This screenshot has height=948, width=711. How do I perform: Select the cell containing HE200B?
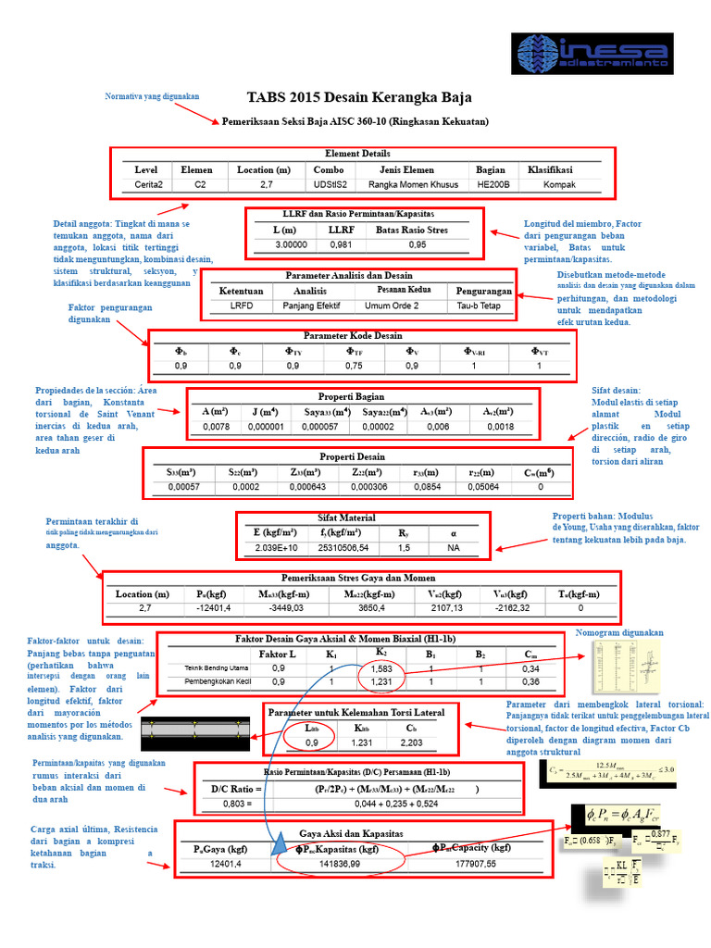491,184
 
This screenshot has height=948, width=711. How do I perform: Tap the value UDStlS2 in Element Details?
329,184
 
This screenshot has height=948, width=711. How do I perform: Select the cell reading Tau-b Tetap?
479,306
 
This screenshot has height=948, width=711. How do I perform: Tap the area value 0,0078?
216,427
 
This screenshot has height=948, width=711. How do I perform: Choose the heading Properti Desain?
352,457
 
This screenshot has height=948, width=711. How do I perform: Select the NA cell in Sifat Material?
453,549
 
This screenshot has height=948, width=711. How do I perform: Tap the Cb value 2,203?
410,742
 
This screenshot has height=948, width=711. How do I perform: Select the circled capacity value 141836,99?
340,864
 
